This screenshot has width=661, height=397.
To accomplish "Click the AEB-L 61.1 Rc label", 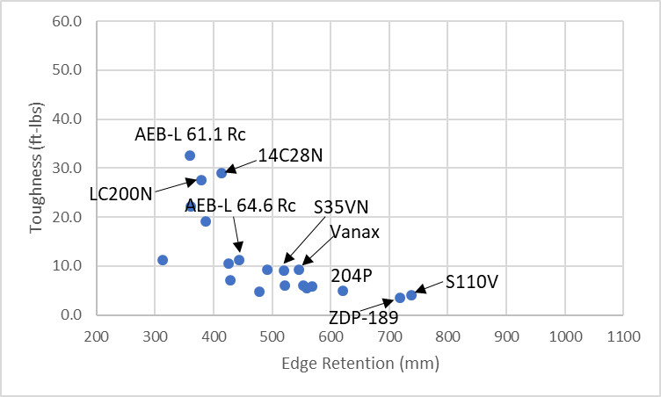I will (190, 134).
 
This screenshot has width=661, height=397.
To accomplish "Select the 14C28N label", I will (291, 155).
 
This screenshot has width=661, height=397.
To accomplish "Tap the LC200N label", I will (120, 192).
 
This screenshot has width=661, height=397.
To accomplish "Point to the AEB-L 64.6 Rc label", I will (240, 206).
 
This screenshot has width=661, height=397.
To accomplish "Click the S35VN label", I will (342, 207).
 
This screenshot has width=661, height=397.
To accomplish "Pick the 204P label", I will (352, 276).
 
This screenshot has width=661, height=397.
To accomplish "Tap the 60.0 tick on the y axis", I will (67, 21).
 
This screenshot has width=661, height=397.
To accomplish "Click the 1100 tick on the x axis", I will (622, 335).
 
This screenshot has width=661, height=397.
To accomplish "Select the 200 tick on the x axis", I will (96, 335).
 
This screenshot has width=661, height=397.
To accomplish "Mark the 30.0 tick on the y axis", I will (67, 168).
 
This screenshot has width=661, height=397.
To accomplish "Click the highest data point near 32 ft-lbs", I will (190, 155).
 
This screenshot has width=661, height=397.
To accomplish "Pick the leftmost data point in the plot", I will (163, 260).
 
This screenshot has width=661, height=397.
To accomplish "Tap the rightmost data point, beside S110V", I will (411, 295).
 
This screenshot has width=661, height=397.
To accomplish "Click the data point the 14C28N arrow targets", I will (222, 173).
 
